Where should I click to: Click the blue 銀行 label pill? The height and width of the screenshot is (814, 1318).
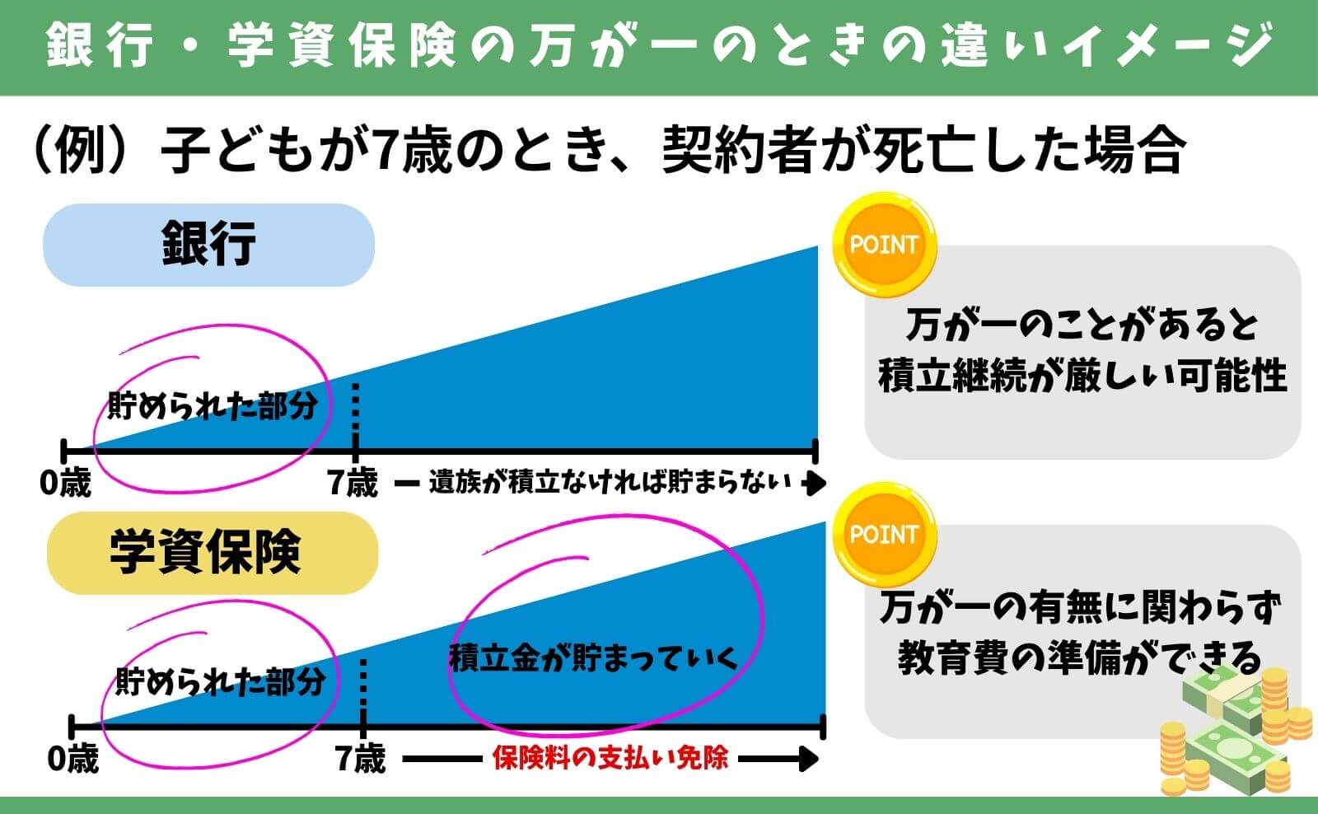(208, 245)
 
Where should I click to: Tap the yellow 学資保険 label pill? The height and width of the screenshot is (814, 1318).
(212, 552)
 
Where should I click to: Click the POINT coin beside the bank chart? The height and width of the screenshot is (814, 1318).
(884, 245)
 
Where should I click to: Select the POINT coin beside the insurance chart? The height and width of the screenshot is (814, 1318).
(884, 534)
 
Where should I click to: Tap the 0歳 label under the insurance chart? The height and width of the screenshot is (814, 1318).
(73, 758)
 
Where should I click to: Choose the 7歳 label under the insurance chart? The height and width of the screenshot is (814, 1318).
(361, 758)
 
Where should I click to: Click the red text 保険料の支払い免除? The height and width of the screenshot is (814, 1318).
(610, 758)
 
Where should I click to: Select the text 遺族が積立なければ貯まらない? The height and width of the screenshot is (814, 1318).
(610, 483)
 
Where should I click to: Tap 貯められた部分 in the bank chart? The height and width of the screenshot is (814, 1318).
(213, 406)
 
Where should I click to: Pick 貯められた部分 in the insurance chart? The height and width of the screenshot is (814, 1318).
(220, 682)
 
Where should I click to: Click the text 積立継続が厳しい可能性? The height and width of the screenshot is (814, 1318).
(1082, 377)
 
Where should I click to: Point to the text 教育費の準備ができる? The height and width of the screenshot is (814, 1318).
(1079, 658)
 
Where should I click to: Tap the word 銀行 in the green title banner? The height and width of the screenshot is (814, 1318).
(99, 45)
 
